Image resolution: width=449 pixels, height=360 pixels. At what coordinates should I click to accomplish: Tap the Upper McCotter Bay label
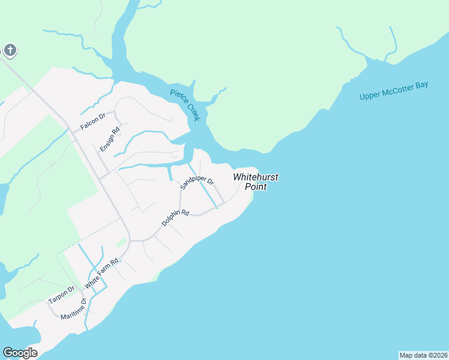(x=394, y=91)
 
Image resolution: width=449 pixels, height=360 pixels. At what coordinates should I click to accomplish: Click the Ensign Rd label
(x=110, y=139)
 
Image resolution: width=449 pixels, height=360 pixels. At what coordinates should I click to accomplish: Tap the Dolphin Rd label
(x=175, y=218)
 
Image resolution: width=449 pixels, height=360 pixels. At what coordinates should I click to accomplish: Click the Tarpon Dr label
(x=61, y=294)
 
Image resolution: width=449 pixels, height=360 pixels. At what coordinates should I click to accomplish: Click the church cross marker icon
(x=10, y=50)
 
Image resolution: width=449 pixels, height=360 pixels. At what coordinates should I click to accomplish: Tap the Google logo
(x=20, y=353)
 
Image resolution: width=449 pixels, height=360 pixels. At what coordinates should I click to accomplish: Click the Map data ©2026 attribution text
(x=423, y=355)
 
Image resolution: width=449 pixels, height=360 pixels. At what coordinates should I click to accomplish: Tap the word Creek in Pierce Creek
(x=192, y=111)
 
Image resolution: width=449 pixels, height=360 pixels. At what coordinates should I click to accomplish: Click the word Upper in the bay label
(x=370, y=95)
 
